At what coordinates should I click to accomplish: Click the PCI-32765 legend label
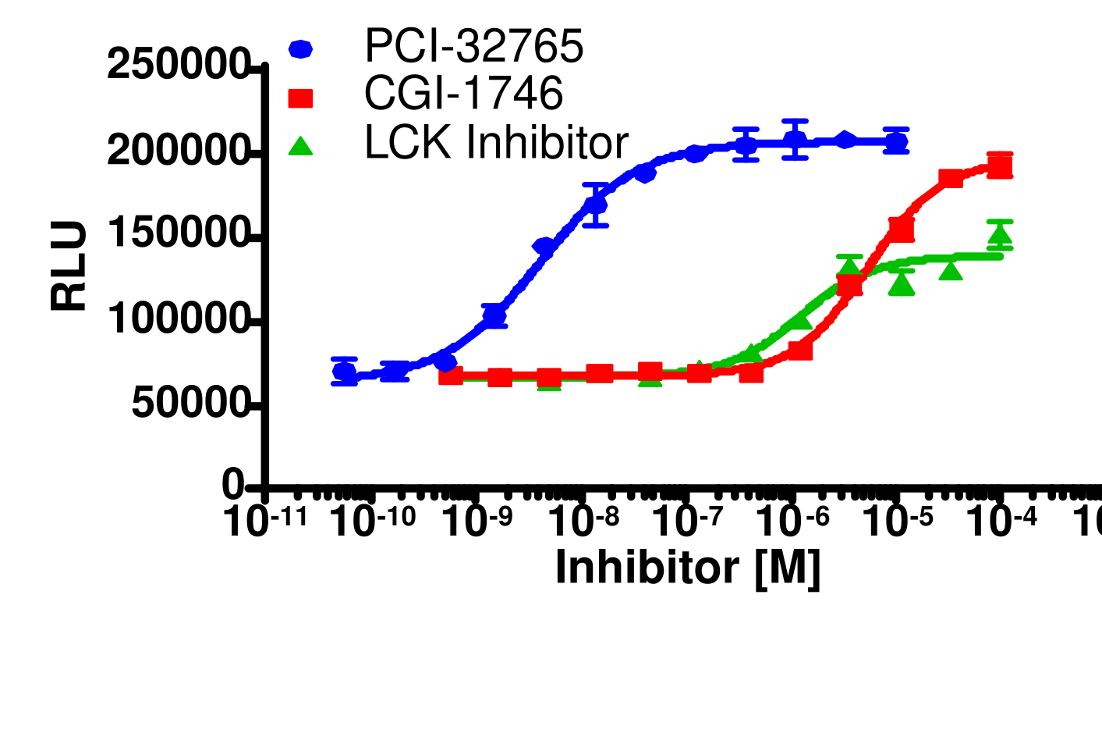click(473, 47)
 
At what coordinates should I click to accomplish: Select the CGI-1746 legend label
click(463, 94)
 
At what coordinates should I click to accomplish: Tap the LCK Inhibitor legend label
click(496, 143)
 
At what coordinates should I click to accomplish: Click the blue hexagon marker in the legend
click(300, 49)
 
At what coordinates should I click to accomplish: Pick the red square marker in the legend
click(300, 98)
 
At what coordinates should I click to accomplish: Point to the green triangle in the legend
click(300, 146)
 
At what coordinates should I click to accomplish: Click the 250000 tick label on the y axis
click(178, 65)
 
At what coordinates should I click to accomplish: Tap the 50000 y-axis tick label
click(190, 403)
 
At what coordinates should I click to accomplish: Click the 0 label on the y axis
click(233, 486)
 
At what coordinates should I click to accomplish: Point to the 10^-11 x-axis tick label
click(265, 521)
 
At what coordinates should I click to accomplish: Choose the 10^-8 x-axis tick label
click(583, 521)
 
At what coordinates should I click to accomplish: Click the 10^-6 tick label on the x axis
click(793, 521)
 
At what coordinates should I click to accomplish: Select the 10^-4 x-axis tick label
click(1002, 521)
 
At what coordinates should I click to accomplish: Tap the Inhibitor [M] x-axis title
click(687, 568)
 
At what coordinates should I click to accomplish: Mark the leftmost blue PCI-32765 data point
click(345, 372)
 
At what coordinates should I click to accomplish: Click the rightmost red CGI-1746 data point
click(1000, 166)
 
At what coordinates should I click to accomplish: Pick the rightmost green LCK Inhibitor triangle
click(1000, 235)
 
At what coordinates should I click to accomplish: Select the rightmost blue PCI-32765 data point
click(896, 141)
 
